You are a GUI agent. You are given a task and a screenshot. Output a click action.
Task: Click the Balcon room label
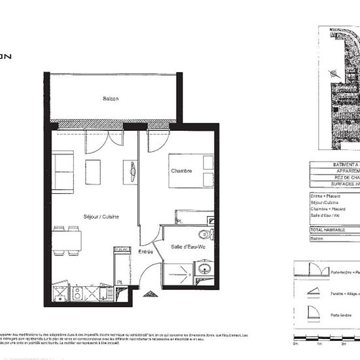(x=110, y=99)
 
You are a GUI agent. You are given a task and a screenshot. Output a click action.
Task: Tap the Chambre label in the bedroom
(x=181, y=171)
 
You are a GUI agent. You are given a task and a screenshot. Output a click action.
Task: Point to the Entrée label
(x=145, y=251)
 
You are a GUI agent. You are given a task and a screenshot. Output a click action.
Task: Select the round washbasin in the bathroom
(x=204, y=268)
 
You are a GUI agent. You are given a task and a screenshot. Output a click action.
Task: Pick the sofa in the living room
(x=63, y=171)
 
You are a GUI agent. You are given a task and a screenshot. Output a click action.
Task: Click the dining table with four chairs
(x=67, y=242)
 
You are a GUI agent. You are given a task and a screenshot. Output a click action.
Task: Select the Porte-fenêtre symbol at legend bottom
(x=312, y=316)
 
